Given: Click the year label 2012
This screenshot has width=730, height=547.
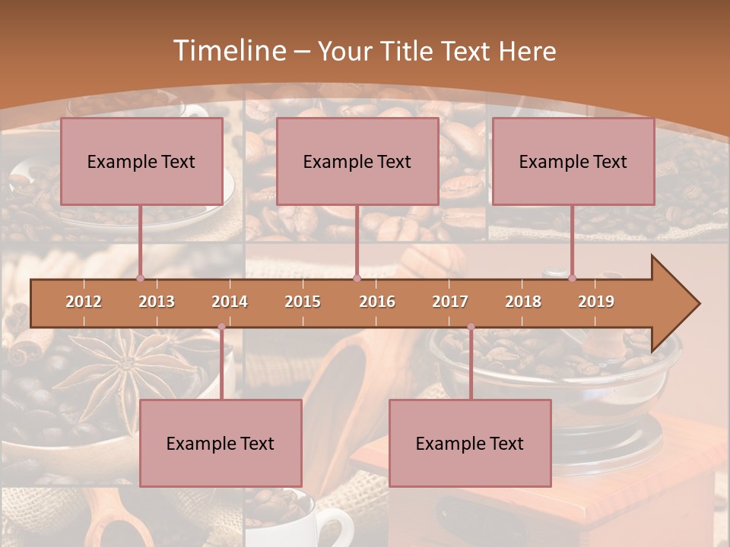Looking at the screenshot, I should [x=84, y=302].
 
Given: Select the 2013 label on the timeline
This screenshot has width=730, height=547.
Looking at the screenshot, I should [x=157, y=302].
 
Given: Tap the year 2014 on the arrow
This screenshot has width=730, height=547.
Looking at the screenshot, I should [x=230, y=302].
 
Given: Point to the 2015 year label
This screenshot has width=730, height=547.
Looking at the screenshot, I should [x=303, y=302].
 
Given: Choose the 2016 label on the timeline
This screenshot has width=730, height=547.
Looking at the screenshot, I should [x=377, y=302].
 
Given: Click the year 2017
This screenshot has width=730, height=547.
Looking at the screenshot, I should [x=450, y=302].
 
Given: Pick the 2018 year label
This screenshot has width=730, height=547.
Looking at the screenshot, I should [x=523, y=302].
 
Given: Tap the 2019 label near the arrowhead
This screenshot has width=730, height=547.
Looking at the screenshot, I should [x=596, y=302].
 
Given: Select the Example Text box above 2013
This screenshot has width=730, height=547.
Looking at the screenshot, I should [x=141, y=161].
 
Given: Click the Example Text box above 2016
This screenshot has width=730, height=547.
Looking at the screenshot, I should [x=357, y=161].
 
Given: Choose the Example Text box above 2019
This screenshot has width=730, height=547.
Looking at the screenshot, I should [x=573, y=161].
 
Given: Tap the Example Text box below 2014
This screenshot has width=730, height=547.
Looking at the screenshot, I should [x=221, y=443].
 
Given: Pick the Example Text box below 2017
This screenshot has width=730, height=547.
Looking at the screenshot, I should [x=470, y=443].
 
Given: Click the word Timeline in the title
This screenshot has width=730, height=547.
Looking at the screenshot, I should [x=228, y=51].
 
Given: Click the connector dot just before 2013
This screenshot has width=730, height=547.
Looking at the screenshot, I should [x=140, y=278].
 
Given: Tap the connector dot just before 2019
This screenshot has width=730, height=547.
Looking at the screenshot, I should [x=572, y=278].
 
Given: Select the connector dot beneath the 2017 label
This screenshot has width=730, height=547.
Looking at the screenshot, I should [x=471, y=327].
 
